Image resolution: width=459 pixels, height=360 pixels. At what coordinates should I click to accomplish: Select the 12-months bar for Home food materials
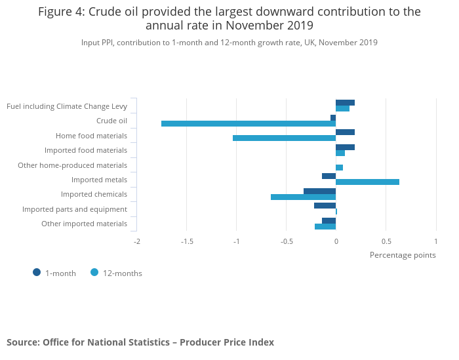(284, 138)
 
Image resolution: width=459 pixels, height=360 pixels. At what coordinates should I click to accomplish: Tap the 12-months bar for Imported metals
(367, 182)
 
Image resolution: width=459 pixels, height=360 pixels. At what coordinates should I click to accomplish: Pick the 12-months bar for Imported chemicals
(303, 197)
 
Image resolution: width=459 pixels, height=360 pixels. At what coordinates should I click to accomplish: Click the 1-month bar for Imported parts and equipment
(325, 205)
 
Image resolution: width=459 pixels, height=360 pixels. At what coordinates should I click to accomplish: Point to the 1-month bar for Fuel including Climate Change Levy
(345, 102)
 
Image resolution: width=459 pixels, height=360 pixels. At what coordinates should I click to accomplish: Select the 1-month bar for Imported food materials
(345, 147)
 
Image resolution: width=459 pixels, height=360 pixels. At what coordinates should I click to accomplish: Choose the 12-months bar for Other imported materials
(325, 227)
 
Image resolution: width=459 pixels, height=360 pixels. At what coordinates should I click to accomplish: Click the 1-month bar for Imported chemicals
(319, 191)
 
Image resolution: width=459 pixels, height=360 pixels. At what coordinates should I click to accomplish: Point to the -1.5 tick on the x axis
(187, 241)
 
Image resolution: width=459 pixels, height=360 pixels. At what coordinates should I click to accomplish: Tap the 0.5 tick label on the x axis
(386, 241)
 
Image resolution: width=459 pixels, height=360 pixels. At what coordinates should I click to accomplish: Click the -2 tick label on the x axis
(137, 241)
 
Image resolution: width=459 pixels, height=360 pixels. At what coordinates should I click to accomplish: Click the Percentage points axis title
(403, 255)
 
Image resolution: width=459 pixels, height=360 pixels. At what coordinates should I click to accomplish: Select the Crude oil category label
(111, 121)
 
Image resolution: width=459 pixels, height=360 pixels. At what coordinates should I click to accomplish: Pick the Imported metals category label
(99, 180)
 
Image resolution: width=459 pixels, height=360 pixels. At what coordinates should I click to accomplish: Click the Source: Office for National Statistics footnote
(140, 342)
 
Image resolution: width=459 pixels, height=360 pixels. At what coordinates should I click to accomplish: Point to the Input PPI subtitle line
(229, 43)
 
